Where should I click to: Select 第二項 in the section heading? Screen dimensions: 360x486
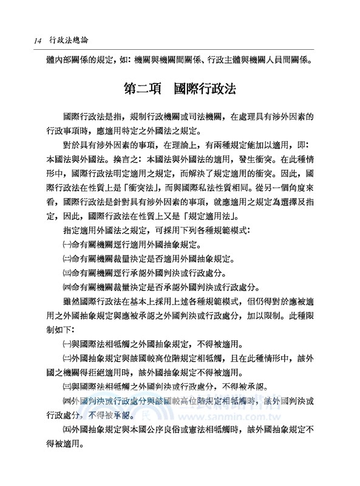tap(141, 88)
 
